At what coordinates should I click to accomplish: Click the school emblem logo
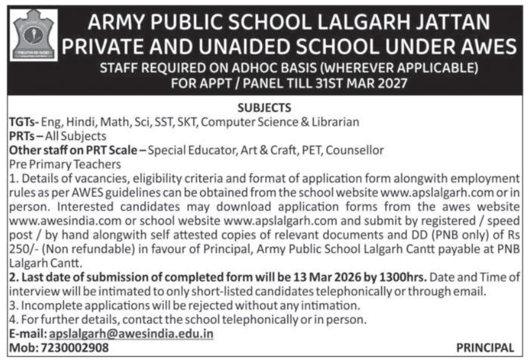pos(34,36)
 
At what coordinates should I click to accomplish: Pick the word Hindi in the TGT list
pos(80,122)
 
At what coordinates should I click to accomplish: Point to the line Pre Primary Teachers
pos(64,164)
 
